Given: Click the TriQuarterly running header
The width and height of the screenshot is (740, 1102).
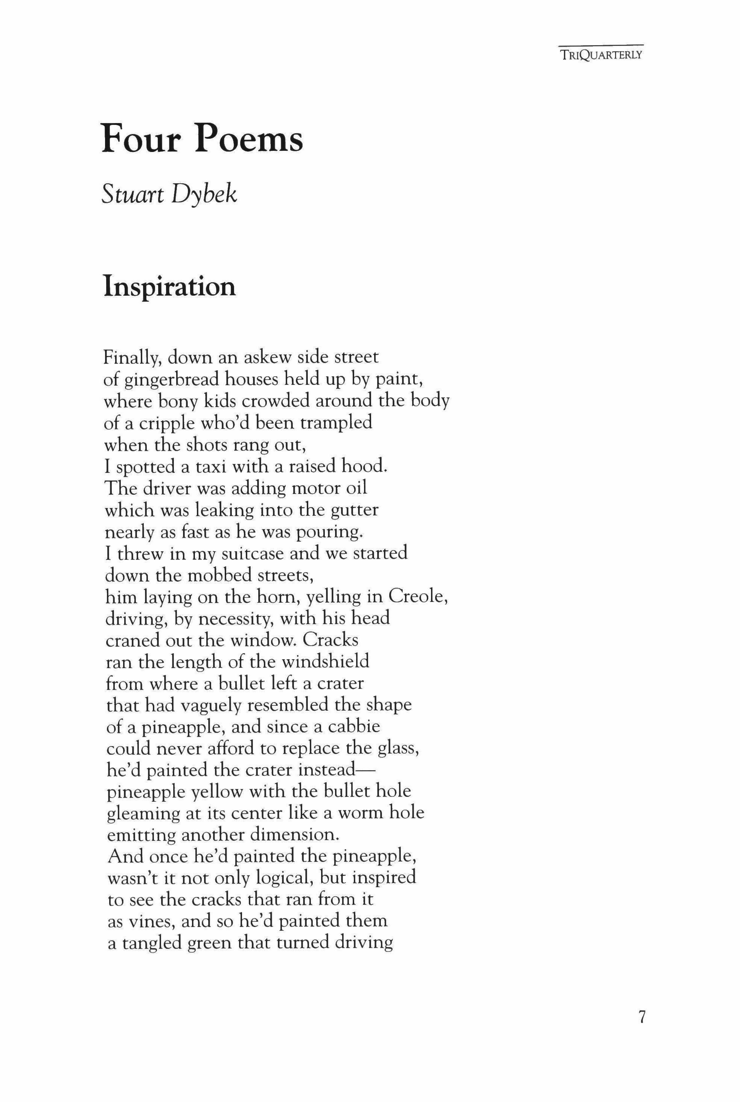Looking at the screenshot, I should (601, 54).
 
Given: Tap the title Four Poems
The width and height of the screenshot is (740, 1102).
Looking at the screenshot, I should (202, 138).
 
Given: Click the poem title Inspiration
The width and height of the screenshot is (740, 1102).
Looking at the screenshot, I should (169, 286).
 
